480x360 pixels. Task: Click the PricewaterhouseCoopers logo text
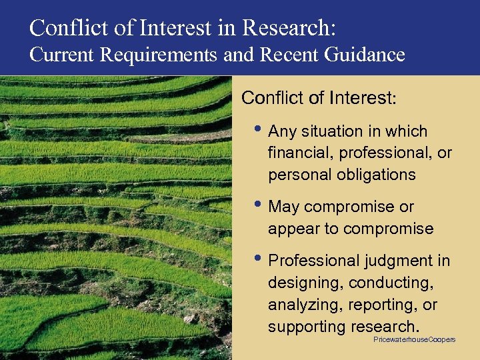point(414,339)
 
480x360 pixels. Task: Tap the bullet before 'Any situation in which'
point(260,129)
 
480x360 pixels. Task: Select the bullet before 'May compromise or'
point(260,204)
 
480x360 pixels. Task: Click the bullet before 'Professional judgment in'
point(260,258)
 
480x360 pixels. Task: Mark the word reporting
point(379,305)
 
